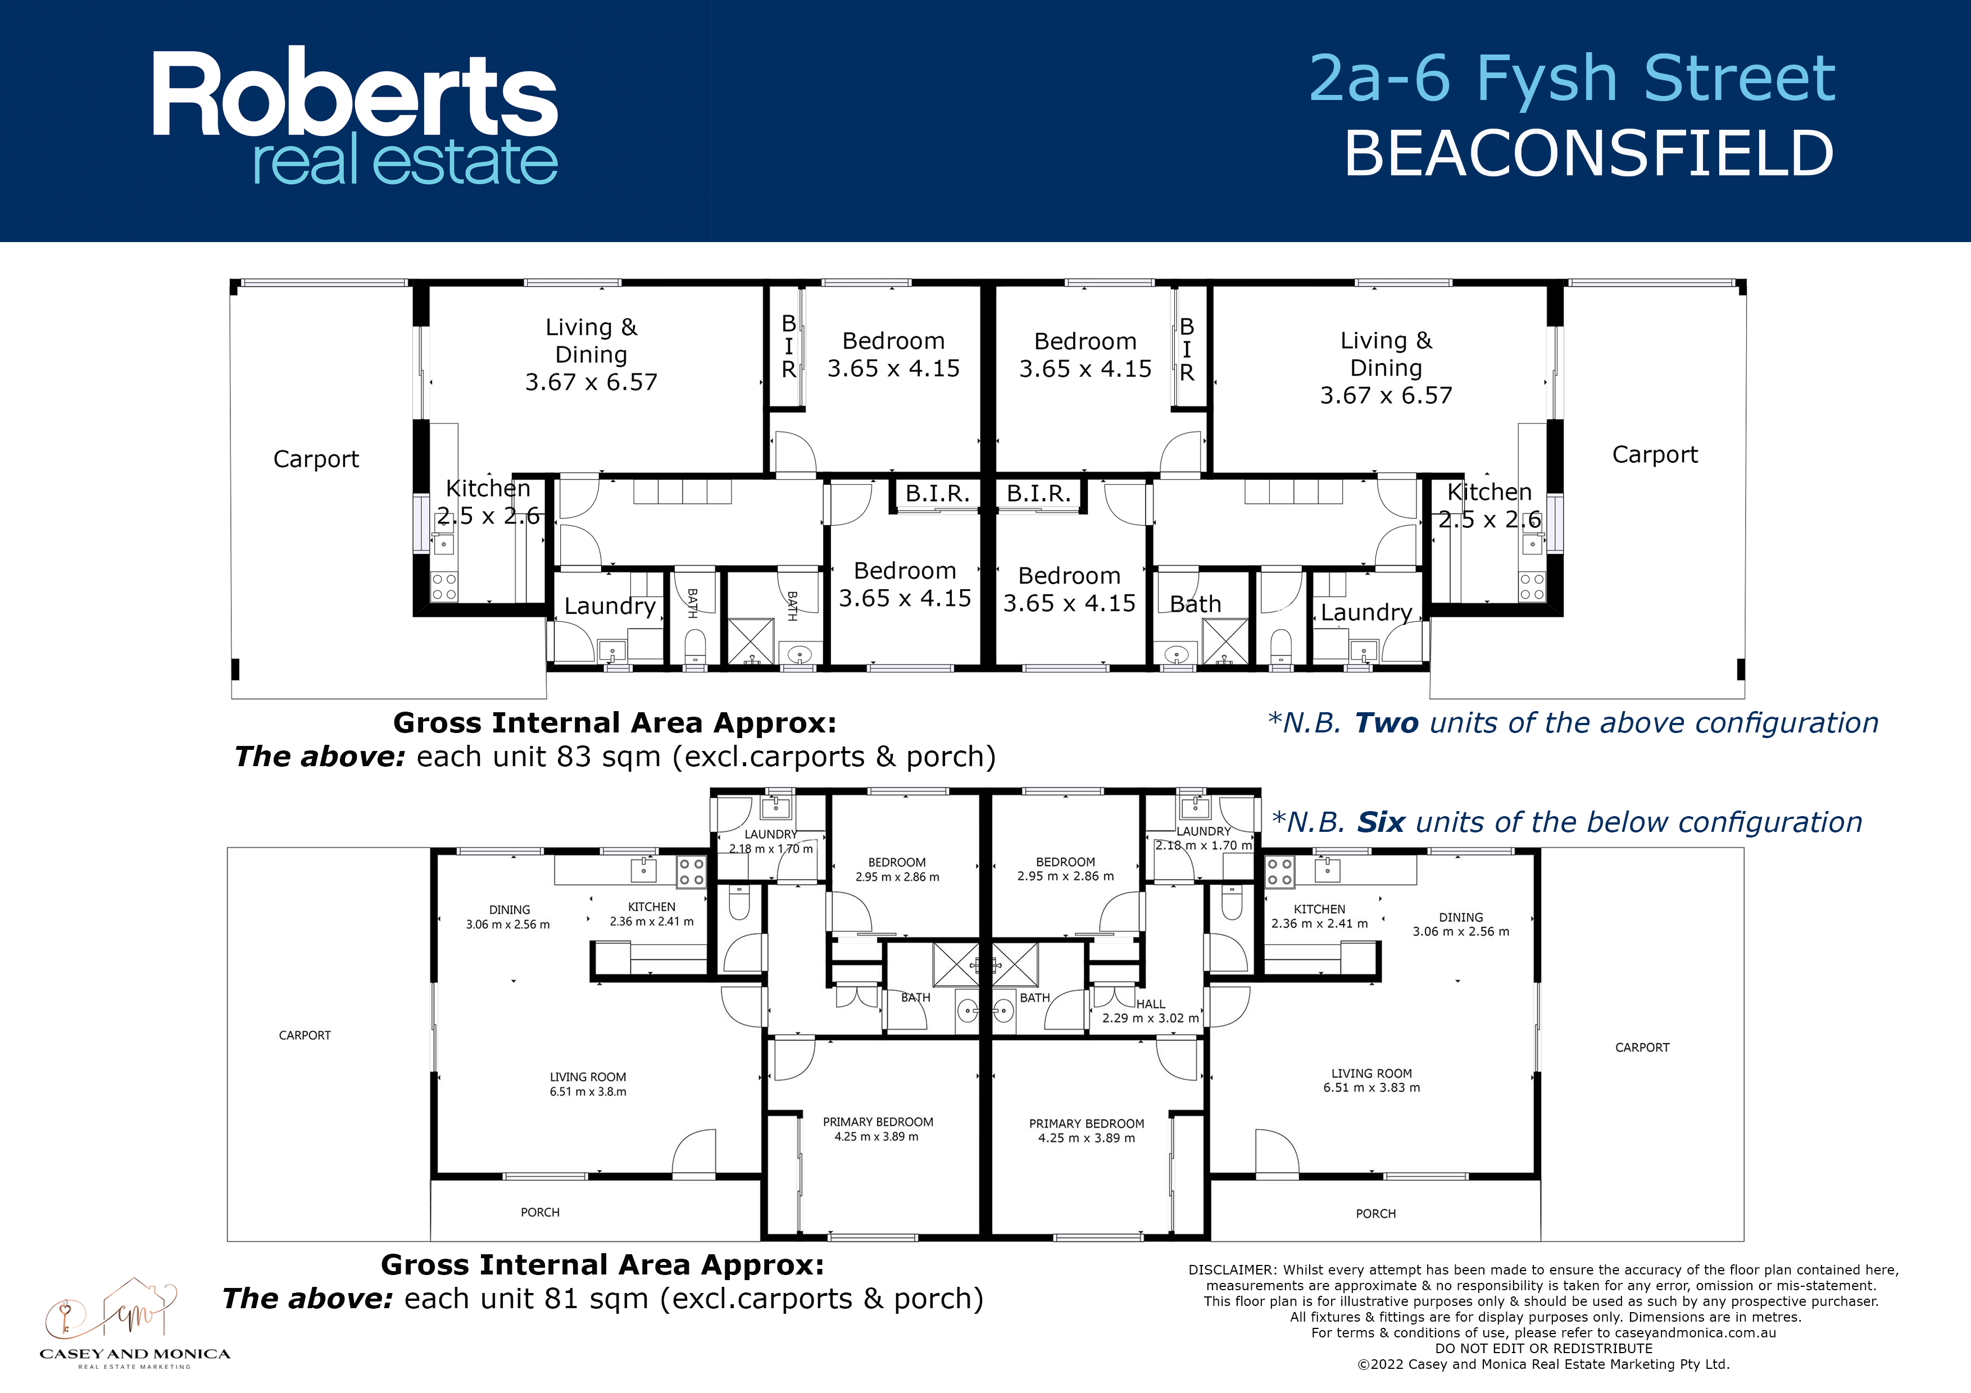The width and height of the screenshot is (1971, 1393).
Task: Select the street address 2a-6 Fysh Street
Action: click(1572, 78)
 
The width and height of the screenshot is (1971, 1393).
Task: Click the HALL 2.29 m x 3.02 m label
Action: click(1150, 1011)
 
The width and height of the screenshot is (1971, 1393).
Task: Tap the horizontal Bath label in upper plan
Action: click(1195, 604)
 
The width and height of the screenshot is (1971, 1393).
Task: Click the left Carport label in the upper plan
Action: click(316, 459)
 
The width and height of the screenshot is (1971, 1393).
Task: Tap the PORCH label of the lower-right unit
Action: click(1375, 1214)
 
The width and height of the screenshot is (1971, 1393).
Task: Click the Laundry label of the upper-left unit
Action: click(610, 606)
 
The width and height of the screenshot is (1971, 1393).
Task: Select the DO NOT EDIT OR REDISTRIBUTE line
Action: click(1543, 1349)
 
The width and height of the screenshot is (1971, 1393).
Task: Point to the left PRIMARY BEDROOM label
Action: click(877, 1128)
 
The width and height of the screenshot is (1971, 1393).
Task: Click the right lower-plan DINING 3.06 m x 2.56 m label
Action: click(1461, 925)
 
